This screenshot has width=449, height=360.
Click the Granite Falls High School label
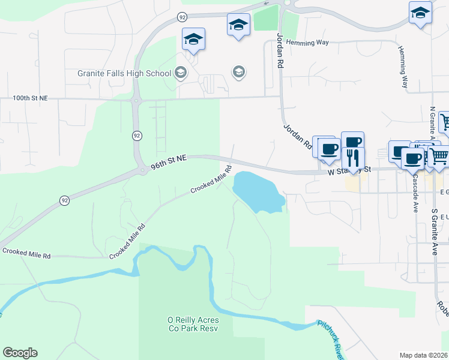(x=124, y=73)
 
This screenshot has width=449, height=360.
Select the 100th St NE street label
(x=30, y=97)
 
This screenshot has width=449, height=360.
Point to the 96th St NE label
(x=169, y=158)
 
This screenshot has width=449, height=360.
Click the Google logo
(x=20, y=353)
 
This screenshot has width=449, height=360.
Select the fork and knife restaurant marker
(x=353, y=158)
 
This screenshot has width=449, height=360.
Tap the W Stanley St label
(x=349, y=171)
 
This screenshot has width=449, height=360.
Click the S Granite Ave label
(x=435, y=232)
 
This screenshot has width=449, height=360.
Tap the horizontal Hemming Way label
(x=307, y=43)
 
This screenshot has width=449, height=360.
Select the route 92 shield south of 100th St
(x=137, y=136)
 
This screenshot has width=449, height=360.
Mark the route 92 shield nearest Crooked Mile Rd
(x=64, y=200)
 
